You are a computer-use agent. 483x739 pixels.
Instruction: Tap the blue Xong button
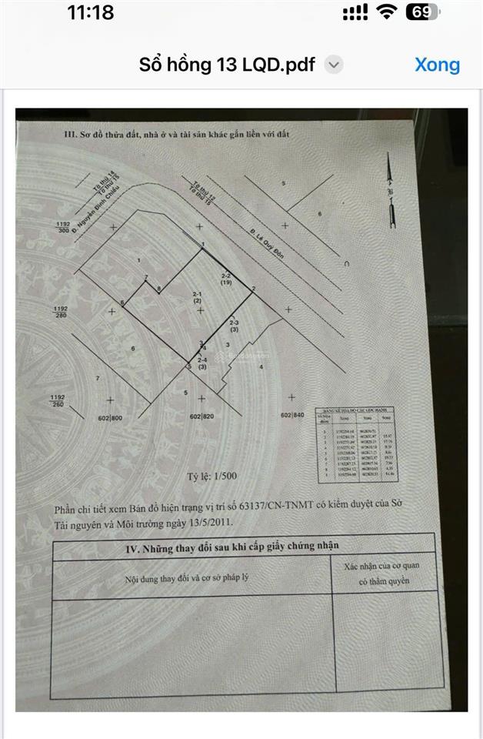coord(437,65)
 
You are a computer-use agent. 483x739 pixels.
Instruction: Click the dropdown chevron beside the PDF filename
coord(333,65)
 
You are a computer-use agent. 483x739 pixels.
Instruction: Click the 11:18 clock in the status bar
coord(90,12)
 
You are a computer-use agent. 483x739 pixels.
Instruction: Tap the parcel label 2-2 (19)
coord(227,279)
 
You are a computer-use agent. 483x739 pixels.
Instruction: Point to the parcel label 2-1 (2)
coord(197,298)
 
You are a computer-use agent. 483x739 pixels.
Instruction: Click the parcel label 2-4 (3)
coord(202,364)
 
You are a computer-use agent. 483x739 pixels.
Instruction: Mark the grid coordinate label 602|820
coord(201,416)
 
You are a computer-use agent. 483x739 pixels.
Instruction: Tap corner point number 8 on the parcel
coord(159,289)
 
